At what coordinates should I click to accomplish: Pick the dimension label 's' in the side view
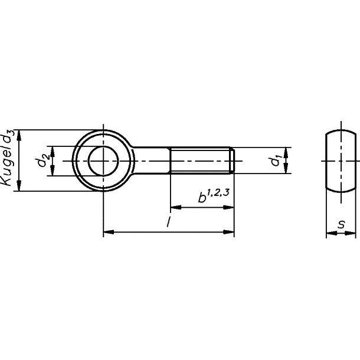[342, 225]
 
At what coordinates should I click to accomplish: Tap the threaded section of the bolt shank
[201, 161]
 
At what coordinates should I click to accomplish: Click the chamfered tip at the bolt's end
[235, 161]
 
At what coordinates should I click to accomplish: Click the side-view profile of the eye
[341, 161]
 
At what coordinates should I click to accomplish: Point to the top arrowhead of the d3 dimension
[20, 133]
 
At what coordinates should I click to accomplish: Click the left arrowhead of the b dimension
[174, 208]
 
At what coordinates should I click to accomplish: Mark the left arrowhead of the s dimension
[329, 234]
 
